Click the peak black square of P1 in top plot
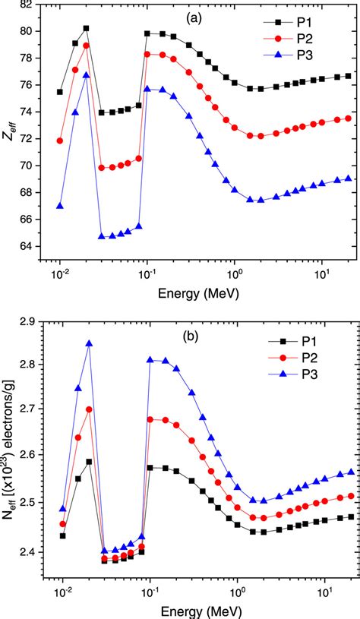point(86,28)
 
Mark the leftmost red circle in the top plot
point(59,141)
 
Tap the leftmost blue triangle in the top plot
point(59,206)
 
